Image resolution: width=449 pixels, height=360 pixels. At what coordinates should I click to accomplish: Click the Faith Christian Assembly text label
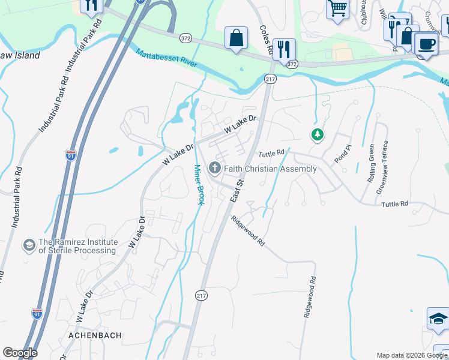[x=270, y=169]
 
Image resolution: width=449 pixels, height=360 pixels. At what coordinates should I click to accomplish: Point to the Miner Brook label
[x=199, y=184]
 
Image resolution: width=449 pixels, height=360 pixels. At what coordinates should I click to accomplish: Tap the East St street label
[x=237, y=190]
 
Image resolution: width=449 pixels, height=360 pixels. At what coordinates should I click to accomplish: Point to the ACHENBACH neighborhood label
[x=95, y=335]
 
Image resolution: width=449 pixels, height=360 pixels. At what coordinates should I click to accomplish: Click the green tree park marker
[x=317, y=135]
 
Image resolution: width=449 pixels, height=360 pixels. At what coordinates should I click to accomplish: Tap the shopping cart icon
[x=338, y=9]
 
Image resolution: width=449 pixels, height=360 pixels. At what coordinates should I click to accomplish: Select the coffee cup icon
[x=426, y=44]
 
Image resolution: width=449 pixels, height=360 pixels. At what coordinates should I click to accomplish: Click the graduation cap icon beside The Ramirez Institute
[x=28, y=245]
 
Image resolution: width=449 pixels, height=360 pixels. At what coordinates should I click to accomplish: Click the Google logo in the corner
[x=20, y=353]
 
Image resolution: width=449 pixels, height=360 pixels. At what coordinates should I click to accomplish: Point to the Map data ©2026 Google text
[x=412, y=355]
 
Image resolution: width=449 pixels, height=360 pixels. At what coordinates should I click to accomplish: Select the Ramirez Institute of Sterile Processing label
[x=77, y=246]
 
